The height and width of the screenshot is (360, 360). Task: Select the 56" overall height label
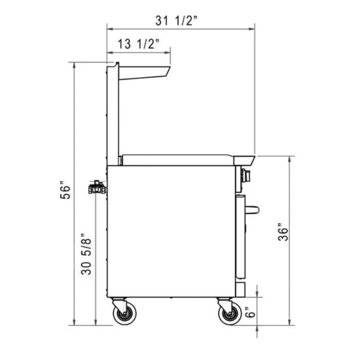(64, 191)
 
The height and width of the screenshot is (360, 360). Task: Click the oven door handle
(252, 209)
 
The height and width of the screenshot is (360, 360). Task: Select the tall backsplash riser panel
(114, 113)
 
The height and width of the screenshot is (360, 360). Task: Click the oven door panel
(241, 237)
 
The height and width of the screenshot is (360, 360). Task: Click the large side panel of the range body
(170, 231)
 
